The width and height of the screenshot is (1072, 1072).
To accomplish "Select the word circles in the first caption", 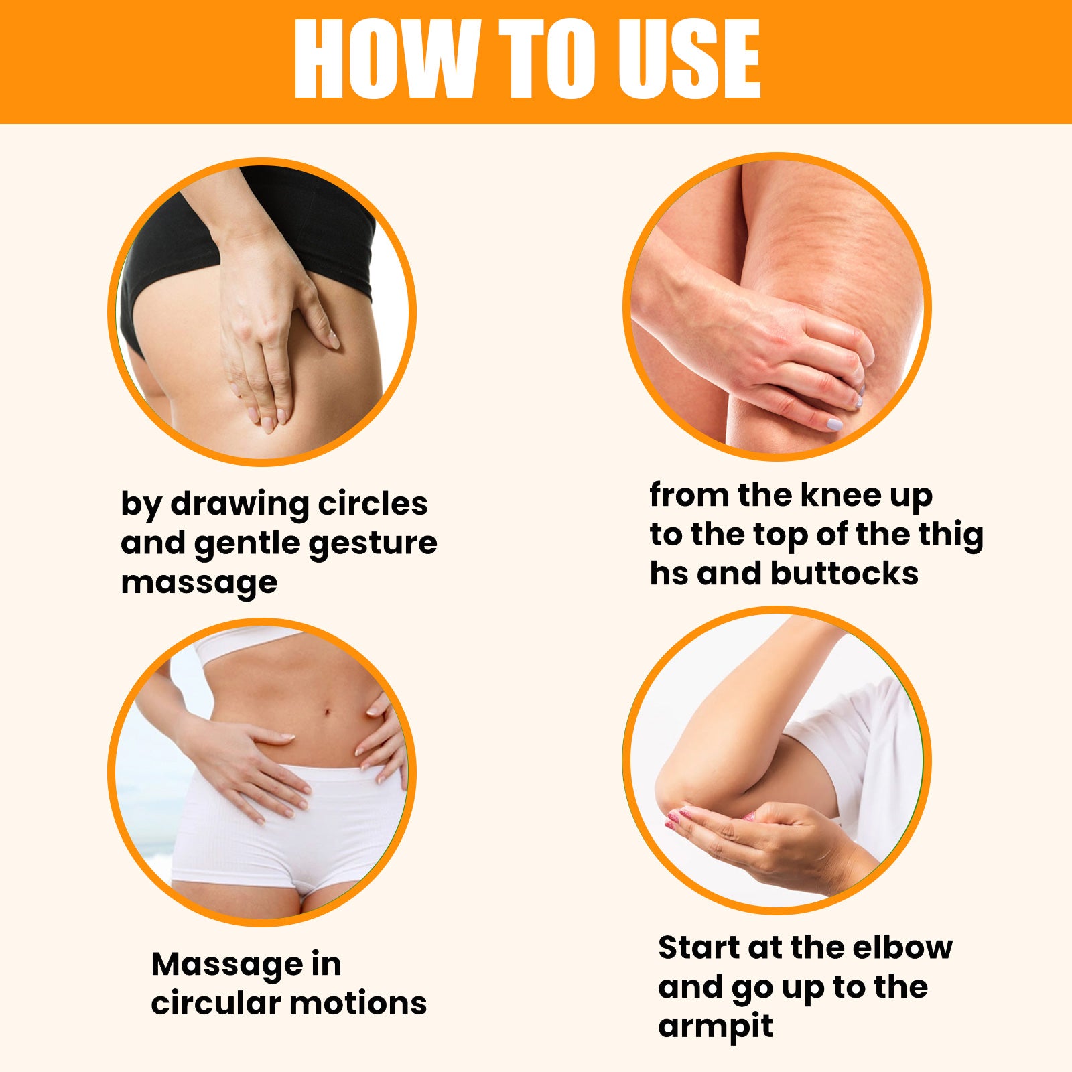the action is point(373,503).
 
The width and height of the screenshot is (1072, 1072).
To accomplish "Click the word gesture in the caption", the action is point(373,544).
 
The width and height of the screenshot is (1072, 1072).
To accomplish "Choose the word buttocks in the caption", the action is point(844,574).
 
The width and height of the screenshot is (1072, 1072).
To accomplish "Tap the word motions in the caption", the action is point(358,1004).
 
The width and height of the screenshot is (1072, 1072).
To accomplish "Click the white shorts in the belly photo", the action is point(288,831).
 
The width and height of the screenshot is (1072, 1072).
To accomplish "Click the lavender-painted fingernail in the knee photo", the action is point(834,423).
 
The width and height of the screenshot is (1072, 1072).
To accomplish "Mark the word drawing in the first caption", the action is point(241,505).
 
